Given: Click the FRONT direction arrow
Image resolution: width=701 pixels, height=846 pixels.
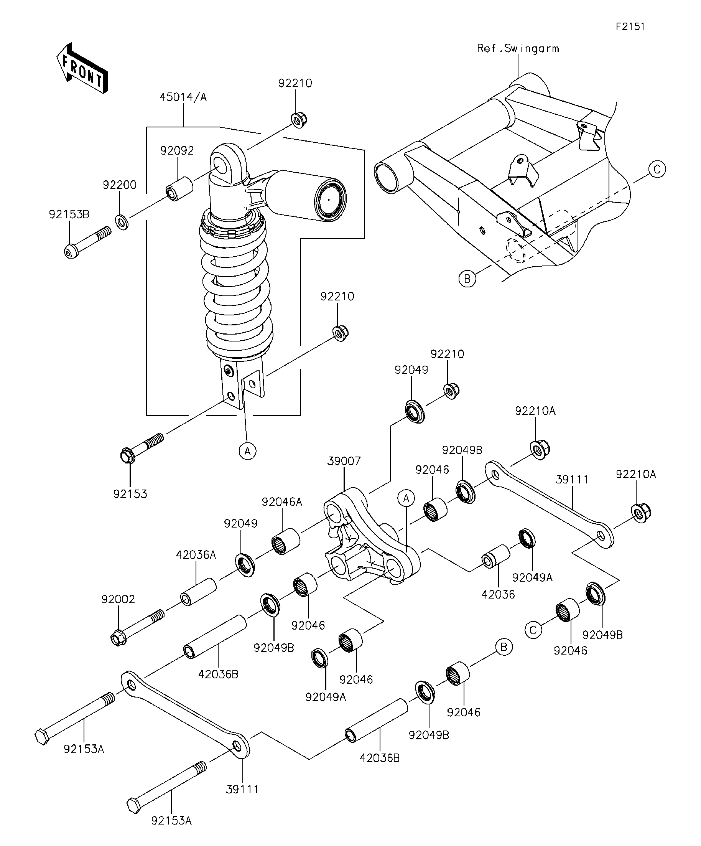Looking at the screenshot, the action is click(x=82, y=68).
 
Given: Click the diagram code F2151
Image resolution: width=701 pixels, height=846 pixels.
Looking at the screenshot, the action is click(x=630, y=26).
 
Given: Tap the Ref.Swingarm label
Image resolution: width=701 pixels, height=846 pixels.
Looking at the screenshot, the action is click(x=518, y=48).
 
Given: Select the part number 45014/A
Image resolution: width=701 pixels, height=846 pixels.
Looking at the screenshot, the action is click(x=183, y=97).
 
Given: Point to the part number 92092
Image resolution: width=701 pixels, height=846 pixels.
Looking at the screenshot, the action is click(x=177, y=150).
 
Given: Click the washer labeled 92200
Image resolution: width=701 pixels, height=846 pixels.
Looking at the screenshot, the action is click(x=122, y=222).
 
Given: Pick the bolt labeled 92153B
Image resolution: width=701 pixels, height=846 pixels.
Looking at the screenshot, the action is click(x=87, y=242).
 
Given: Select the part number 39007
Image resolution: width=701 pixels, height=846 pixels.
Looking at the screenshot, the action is click(x=344, y=461).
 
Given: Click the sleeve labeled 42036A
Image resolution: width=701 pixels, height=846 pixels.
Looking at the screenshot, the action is click(x=198, y=591).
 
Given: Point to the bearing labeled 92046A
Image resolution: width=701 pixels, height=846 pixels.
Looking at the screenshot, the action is click(x=285, y=541).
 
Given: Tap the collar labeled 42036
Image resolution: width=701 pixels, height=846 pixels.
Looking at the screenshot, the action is click(x=496, y=556).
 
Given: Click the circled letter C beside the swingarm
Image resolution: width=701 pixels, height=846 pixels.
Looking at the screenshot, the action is click(x=657, y=169).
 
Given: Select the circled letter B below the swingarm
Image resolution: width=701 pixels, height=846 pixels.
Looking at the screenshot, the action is click(x=467, y=279).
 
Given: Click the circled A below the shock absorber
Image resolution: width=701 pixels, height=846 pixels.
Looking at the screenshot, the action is click(x=248, y=451).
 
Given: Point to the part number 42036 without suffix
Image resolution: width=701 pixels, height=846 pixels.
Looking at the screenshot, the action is click(x=499, y=594).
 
